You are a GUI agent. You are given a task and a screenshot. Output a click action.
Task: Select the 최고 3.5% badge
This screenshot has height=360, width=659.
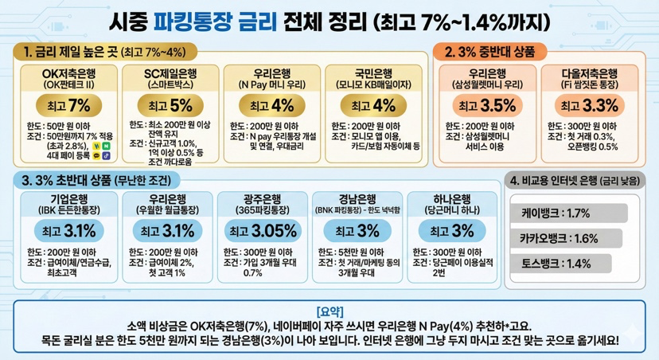(484, 105)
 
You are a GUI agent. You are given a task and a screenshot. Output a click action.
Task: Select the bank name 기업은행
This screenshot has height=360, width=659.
(68, 198)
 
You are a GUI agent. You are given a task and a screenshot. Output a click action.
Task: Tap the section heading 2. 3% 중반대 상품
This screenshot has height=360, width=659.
(492, 51)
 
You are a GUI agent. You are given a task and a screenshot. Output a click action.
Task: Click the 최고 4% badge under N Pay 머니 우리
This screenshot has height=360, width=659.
(271, 105)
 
